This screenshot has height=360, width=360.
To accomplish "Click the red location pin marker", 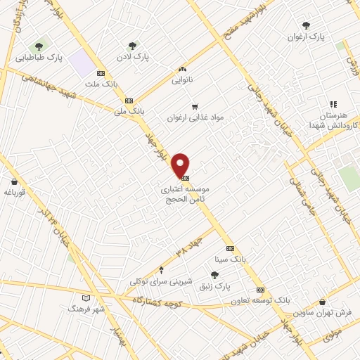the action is tap(181, 164).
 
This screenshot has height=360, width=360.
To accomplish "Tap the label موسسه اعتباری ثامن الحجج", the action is tap(184, 194).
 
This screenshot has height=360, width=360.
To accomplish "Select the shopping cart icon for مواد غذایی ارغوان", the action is tap(195, 106).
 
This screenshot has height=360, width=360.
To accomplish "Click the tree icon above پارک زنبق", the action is tap(214, 275).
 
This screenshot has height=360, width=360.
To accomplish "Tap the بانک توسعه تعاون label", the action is tap(261, 300).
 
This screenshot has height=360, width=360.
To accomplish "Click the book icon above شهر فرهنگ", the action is tap(86, 298).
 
